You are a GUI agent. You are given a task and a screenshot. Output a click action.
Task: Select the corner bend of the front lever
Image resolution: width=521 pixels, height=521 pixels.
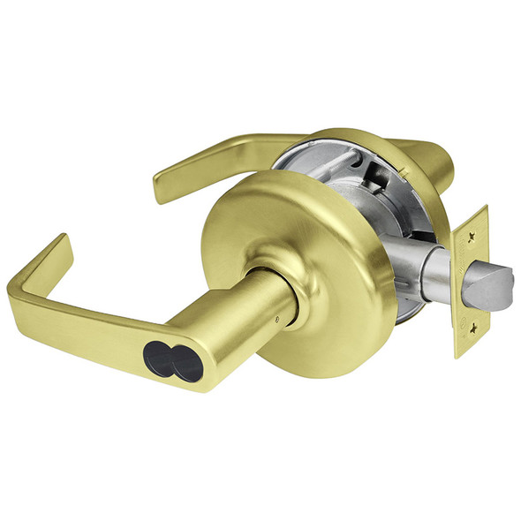click(x=25, y=290)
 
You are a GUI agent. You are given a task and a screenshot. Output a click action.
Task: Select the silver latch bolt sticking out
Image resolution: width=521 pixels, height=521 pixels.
click(x=494, y=283)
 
